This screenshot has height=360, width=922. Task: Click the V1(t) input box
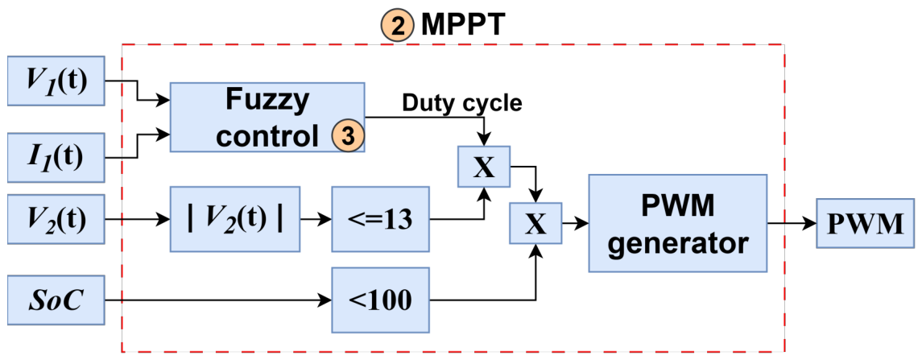click(x=56, y=81)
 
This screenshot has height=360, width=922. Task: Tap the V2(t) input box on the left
click(x=56, y=217)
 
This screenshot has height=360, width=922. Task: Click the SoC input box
click(x=56, y=300)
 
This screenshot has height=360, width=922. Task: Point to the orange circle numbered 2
click(x=397, y=26)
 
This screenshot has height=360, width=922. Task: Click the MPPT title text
click(x=460, y=26)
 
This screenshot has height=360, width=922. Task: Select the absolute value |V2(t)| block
click(x=234, y=218)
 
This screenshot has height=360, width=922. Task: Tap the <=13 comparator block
click(x=381, y=218)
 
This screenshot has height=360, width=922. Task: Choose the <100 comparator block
click(x=381, y=300)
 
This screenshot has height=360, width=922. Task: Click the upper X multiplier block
click(x=483, y=167)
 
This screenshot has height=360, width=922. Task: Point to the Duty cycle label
click(x=462, y=103)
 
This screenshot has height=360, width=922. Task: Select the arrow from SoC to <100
click(x=217, y=300)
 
